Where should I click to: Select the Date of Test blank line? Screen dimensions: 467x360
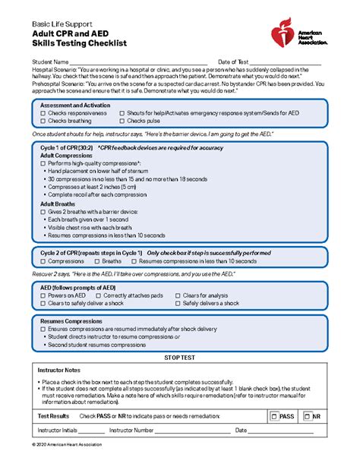[x=285, y=62]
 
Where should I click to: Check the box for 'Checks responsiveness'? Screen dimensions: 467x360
[x=43, y=112]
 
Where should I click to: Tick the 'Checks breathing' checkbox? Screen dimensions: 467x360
[x=43, y=121]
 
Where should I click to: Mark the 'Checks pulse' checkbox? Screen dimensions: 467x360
[x=122, y=121]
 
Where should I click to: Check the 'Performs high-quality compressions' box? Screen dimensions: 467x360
[x=43, y=163]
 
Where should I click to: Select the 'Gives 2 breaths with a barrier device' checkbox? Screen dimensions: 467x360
[x=43, y=212]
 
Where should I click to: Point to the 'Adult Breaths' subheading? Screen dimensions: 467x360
[x=58, y=204]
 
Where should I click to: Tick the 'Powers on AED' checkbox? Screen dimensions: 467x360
[x=43, y=295]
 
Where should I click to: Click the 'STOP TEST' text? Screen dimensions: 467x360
[x=180, y=356]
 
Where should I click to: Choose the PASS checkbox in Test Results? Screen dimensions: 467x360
[x=275, y=416]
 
